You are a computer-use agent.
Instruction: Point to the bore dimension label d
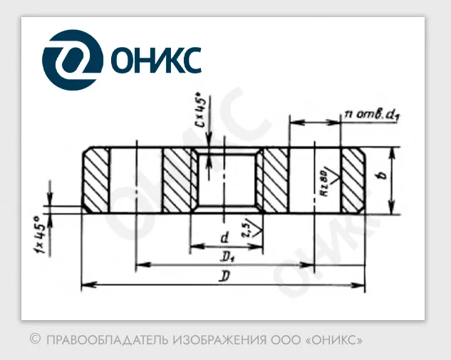(223, 235)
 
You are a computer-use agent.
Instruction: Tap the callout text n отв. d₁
(370, 113)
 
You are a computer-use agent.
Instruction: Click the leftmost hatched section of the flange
(96, 180)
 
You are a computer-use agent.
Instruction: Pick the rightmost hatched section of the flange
(353, 180)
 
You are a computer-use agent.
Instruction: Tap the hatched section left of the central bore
(176, 180)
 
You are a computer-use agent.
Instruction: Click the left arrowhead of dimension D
(86, 285)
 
